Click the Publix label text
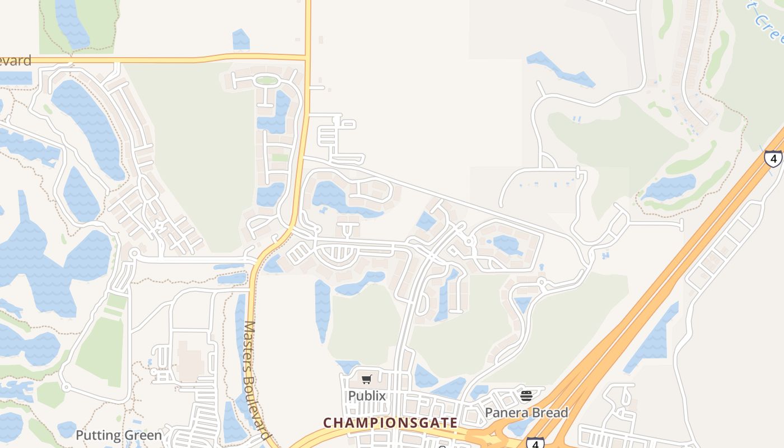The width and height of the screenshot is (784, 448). (x=367, y=396)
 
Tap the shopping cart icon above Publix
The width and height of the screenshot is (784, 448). (x=367, y=380)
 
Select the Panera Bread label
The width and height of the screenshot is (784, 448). (x=526, y=413)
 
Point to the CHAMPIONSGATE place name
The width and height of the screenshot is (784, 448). (x=391, y=422)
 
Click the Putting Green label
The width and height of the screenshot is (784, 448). (x=119, y=435)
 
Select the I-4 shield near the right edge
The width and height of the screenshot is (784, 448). (x=773, y=158)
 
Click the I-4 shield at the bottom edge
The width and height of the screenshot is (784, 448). (x=535, y=443)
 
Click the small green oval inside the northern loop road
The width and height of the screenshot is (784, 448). (x=267, y=81)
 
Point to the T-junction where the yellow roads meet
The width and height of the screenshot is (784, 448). (x=307, y=57)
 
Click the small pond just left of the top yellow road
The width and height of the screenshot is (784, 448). (x=241, y=40)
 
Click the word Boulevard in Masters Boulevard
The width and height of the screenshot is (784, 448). (x=258, y=400)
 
